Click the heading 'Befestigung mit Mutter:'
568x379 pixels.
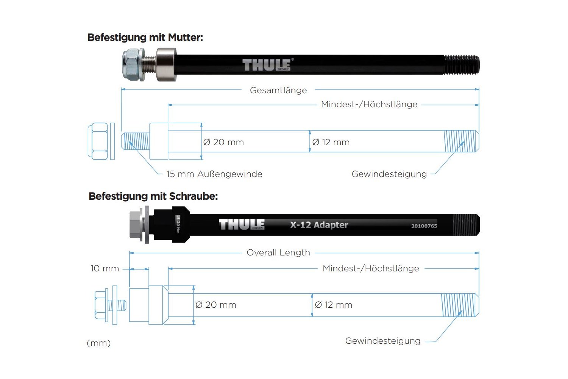click(145, 38)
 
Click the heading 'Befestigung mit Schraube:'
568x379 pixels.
click(153, 196)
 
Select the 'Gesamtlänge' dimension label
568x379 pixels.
click(278, 90)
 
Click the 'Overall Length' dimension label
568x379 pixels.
click(278, 252)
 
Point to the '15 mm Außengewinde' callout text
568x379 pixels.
click(214, 174)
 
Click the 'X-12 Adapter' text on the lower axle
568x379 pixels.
click(319, 225)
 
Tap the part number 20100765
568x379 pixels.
click(424, 226)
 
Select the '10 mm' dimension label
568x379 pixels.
click(105, 268)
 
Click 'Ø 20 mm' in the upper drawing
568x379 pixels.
click(223, 142)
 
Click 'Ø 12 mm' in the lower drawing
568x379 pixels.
click(333, 305)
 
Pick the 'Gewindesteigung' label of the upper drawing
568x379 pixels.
click(389, 174)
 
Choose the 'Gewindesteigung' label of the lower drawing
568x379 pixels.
click(383, 341)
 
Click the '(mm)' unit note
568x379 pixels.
click(99, 343)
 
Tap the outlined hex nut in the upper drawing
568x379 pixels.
click(98, 141)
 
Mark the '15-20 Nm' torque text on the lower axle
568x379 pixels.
click(178, 224)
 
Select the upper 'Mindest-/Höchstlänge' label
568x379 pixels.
click(369, 104)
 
